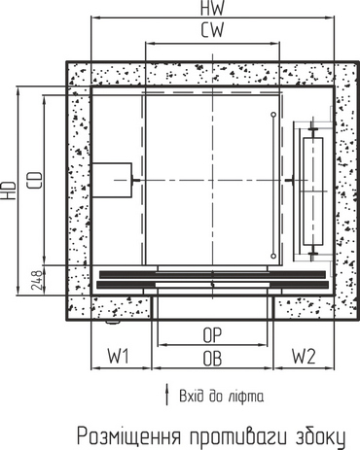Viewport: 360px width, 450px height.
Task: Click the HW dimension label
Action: click(x=212, y=8)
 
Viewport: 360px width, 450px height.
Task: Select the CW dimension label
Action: click(x=212, y=30)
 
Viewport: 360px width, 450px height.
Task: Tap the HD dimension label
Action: click(x=9, y=190)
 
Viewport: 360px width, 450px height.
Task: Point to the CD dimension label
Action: click(x=35, y=181)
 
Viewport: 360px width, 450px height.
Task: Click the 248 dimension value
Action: click(x=37, y=280)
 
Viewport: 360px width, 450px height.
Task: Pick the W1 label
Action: click(x=119, y=356)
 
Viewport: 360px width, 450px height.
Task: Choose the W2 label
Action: click(x=304, y=356)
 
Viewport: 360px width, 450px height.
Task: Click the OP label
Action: click(x=212, y=335)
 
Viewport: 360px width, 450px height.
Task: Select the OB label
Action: click(x=212, y=359)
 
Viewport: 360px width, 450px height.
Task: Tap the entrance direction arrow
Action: click(x=167, y=395)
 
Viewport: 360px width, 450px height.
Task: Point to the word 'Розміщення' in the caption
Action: click(x=128, y=436)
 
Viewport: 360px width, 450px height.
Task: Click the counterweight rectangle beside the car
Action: click(x=312, y=191)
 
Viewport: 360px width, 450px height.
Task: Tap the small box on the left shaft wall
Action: click(x=112, y=180)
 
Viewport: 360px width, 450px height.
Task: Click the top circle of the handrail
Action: click(x=273, y=115)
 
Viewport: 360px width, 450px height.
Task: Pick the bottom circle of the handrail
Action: click(x=273, y=256)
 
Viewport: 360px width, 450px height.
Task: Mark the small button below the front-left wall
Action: click(x=112, y=322)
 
